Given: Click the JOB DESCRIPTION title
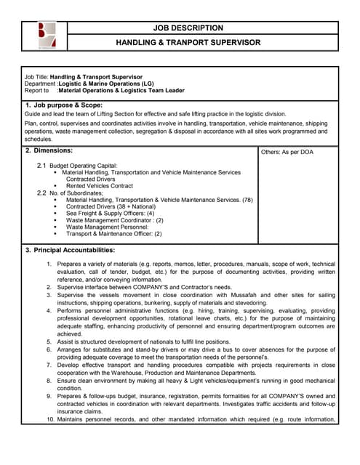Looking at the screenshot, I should click(x=188, y=28).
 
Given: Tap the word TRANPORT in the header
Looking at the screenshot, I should click(x=188, y=43).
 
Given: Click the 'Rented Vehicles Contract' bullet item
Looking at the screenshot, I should click(x=106, y=186).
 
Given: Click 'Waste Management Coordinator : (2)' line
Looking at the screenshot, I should click(x=114, y=220).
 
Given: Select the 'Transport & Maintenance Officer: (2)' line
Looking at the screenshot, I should click(x=113, y=234).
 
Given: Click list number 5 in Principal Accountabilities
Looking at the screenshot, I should click(x=50, y=340).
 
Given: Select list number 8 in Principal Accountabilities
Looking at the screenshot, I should click(x=50, y=380).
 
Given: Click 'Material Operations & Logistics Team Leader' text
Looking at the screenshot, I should click(x=121, y=91).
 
